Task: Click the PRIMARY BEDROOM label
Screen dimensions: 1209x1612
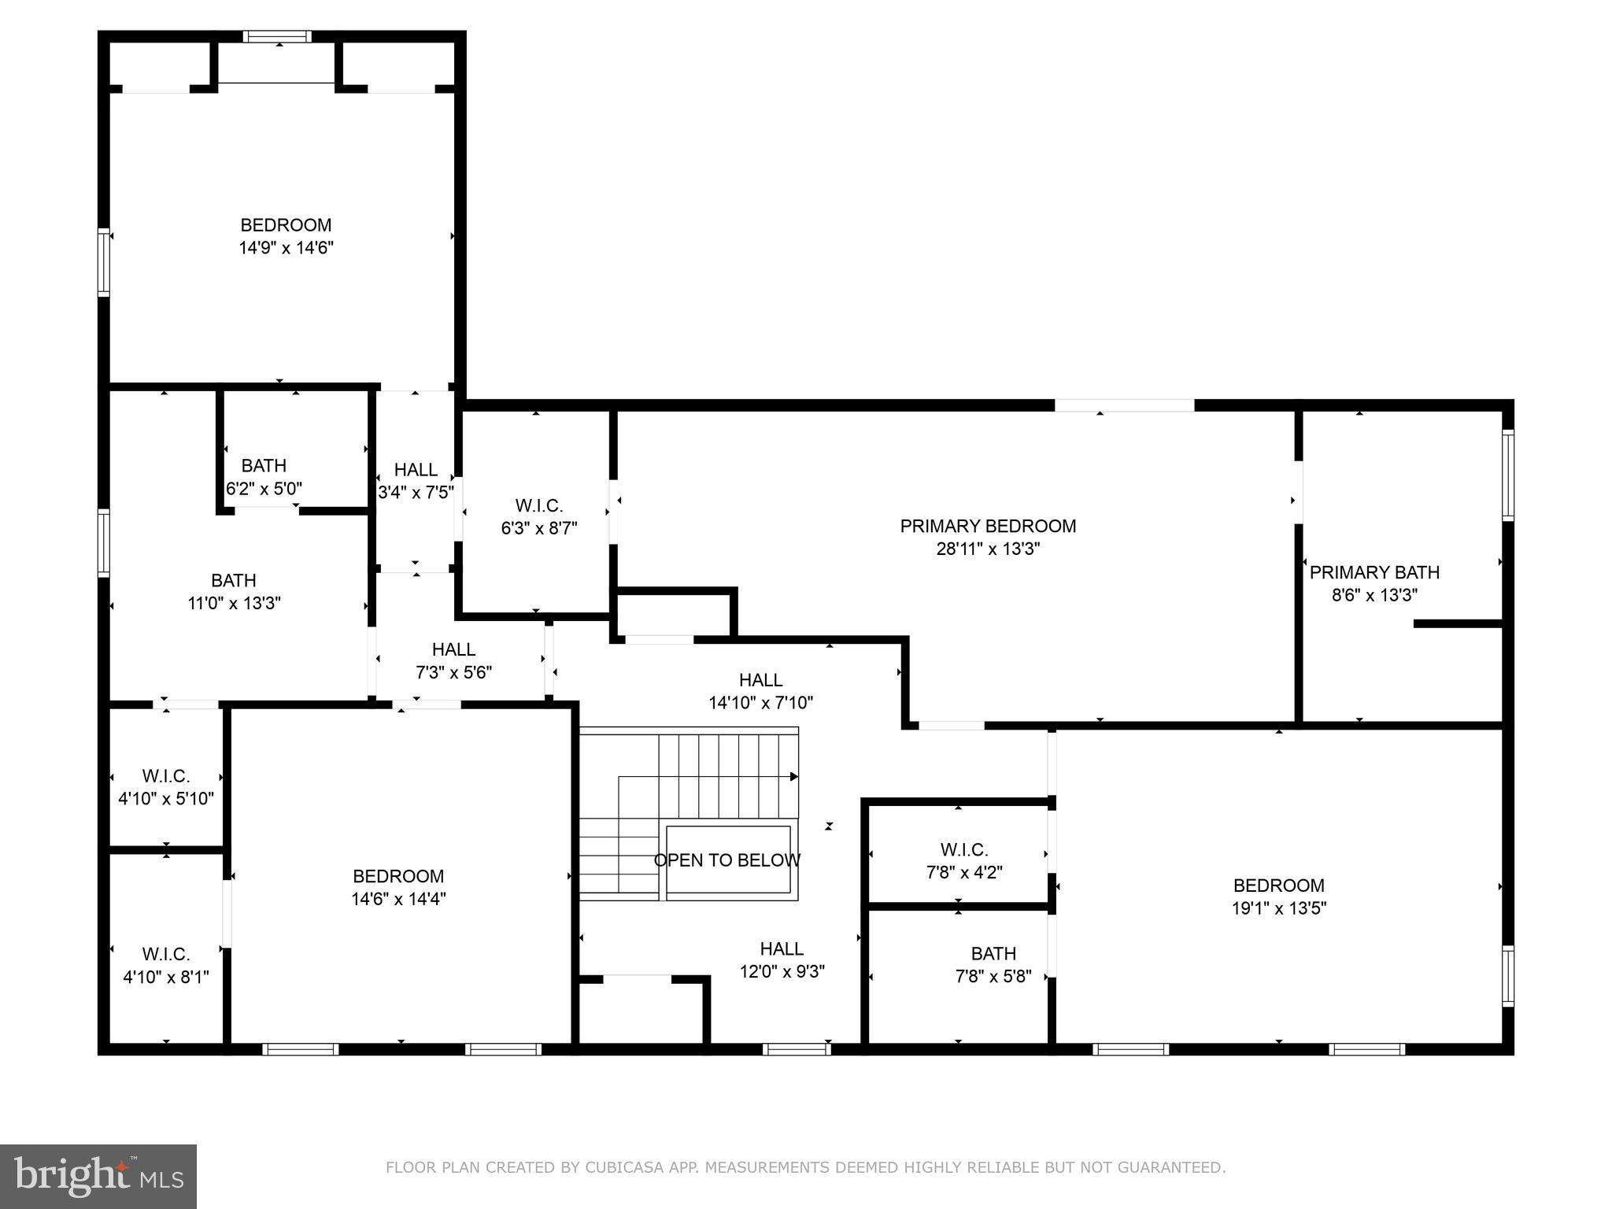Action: (988, 526)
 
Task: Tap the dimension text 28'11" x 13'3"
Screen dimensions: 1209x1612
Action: (988, 549)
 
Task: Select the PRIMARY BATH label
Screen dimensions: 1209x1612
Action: (1374, 572)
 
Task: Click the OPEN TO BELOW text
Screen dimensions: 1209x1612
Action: (727, 860)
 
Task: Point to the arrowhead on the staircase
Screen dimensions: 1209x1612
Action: (794, 777)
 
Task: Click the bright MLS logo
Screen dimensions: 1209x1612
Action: (98, 1176)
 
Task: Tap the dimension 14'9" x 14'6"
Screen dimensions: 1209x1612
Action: (286, 248)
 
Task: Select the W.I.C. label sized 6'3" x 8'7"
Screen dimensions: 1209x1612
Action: (539, 505)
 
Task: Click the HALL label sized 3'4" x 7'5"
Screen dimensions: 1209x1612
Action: (416, 470)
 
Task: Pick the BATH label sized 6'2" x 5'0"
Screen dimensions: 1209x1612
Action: (264, 465)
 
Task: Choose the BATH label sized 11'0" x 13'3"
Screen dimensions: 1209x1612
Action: (234, 580)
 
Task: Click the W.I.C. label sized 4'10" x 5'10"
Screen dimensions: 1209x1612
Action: (166, 776)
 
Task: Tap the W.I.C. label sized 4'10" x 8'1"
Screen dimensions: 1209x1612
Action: (166, 954)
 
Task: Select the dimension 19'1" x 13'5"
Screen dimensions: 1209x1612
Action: (1278, 908)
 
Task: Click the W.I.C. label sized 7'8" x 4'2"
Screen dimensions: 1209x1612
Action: (964, 850)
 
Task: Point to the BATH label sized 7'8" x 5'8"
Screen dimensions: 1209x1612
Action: (993, 954)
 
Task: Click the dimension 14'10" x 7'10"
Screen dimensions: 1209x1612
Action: (760, 702)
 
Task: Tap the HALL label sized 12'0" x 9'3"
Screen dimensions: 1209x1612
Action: (782, 948)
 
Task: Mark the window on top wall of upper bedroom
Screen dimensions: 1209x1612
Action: (277, 36)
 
